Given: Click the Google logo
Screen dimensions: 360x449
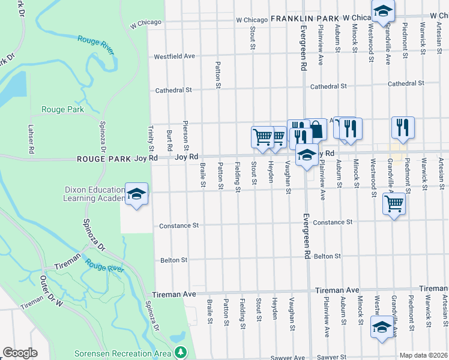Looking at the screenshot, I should (20, 353).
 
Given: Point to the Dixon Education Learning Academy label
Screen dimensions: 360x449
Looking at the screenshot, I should (95, 194).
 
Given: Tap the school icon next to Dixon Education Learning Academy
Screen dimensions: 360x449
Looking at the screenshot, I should (137, 194).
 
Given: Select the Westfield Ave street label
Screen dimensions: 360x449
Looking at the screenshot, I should (175, 56).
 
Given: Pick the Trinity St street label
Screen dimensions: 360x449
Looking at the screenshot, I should (151, 139).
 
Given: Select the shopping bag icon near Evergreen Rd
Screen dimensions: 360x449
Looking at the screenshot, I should (316, 128).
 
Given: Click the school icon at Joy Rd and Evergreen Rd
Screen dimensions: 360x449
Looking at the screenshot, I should (307, 155).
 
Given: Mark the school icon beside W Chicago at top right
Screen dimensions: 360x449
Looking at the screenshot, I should (382, 10).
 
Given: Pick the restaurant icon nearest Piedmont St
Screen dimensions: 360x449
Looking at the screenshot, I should (402, 127).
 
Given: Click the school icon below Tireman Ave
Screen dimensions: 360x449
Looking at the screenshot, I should (382, 327).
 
